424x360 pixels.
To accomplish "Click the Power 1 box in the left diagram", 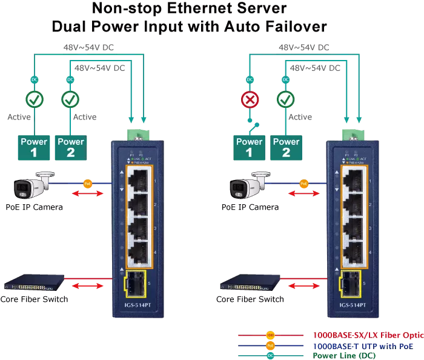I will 34,147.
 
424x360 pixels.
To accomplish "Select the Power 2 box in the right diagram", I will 286,147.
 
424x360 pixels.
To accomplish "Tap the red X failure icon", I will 250,99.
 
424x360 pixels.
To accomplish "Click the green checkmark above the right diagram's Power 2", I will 286,99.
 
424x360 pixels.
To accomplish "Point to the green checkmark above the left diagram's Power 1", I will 34,99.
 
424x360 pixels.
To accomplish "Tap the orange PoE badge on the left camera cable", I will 87,182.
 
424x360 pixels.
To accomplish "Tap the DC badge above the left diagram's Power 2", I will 70,79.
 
